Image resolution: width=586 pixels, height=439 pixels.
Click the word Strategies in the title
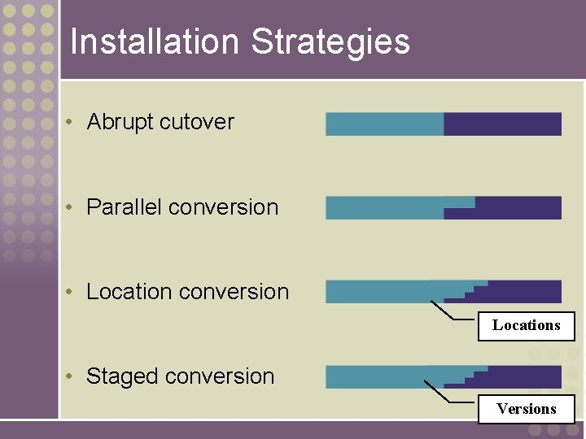330,42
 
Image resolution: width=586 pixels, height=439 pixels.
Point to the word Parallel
124,207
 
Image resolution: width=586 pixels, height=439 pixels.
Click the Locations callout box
526,326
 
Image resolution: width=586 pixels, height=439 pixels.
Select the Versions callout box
526,409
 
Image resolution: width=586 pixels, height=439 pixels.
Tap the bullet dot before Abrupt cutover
72,122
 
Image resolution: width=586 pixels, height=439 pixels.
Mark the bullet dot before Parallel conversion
72,207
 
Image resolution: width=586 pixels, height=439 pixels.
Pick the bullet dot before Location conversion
72,292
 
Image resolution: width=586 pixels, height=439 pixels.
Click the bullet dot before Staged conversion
72,376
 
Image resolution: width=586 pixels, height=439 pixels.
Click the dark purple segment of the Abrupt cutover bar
502,124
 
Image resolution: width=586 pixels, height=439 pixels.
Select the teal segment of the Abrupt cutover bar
384,124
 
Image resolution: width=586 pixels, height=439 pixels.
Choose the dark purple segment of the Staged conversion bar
525,377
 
